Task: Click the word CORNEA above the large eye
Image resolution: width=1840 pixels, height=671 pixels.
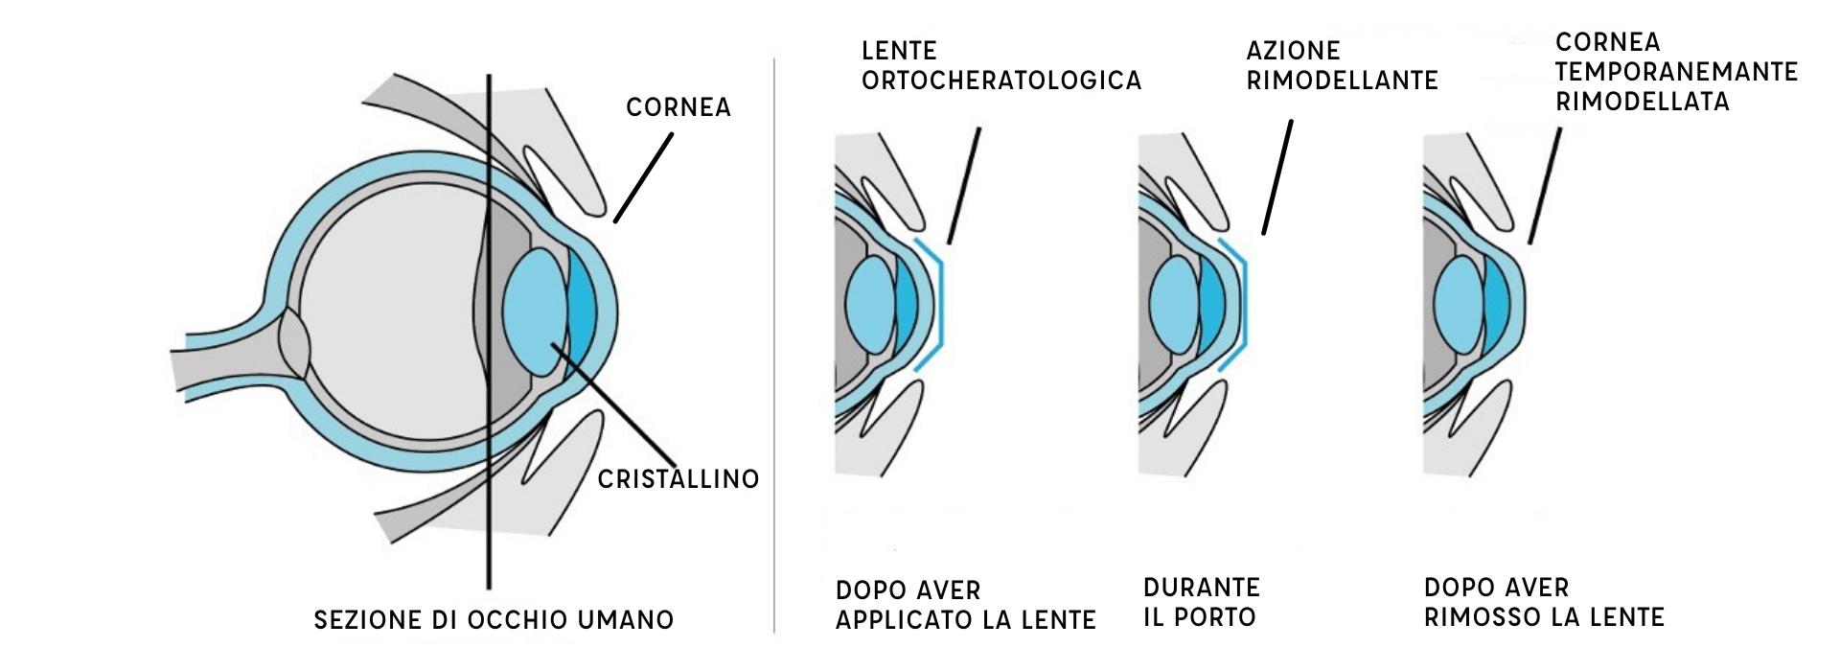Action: click(x=678, y=107)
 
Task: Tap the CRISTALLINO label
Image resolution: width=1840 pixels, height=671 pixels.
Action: click(x=678, y=478)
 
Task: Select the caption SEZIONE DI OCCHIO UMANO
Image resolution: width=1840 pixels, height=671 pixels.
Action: click(x=494, y=620)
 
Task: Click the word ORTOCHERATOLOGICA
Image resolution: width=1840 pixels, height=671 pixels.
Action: click(x=1001, y=81)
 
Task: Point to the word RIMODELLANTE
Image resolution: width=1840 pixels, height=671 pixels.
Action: click(x=1342, y=81)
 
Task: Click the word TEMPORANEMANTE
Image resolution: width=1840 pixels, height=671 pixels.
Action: click(x=1676, y=72)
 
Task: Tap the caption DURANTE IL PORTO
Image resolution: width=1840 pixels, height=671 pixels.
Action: click(x=1201, y=602)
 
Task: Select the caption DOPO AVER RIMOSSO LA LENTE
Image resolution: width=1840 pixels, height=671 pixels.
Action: click(x=1544, y=602)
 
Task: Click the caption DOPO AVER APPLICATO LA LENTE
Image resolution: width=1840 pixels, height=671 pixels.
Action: click(x=965, y=605)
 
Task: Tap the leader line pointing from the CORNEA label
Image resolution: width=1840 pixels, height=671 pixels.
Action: click(x=643, y=178)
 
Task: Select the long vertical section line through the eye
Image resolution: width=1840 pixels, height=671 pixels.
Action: click(x=489, y=537)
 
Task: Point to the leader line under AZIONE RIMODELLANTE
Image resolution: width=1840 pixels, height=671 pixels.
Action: click(x=1277, y=177)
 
